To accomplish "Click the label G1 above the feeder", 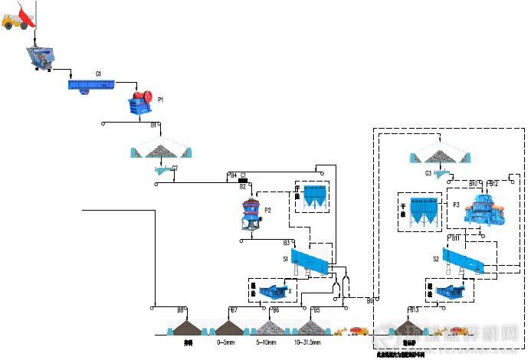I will click(98, 74).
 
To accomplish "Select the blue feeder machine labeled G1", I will click(91, 85).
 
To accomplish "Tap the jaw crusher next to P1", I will click(141, 103).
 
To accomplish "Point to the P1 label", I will click(161, 100).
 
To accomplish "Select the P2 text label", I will click(267, 209).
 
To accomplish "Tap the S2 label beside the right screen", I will click(436, 259).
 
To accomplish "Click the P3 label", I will click(457, 205).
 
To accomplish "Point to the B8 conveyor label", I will click(181, 310).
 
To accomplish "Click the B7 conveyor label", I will click(234, 310).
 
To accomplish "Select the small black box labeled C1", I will click(243, 175).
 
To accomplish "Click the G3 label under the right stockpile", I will click(428, 173).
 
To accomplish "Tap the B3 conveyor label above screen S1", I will click(265, 242).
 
